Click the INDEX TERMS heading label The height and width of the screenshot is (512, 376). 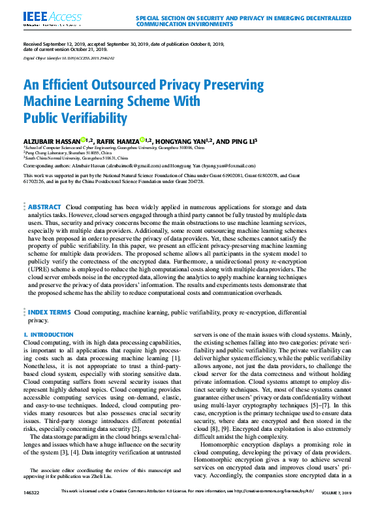point(49,313)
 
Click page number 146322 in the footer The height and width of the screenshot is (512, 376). point(31,507)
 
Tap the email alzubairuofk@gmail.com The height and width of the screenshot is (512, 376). point(138,167)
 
